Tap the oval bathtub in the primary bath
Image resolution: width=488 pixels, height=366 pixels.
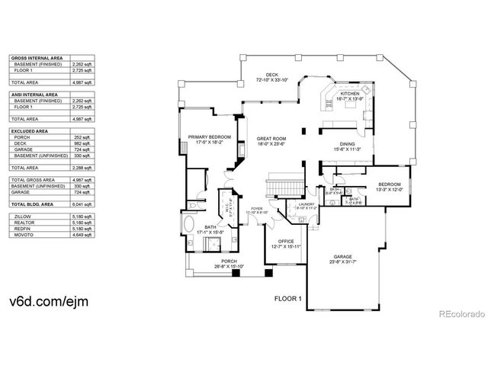[188, 226]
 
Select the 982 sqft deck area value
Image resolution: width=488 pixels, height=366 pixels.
[81, 143]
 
